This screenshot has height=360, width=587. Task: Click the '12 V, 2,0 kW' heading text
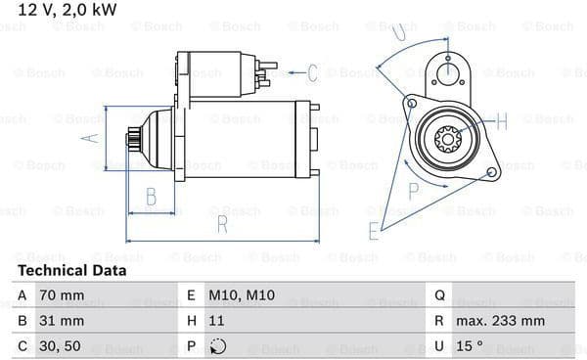(68, 10)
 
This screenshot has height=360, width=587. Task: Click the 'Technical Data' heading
(71, 271)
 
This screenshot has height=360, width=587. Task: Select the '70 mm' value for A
(62, 295)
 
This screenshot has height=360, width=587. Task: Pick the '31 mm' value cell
(62, 321)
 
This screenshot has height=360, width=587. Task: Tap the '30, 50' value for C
(60, 346)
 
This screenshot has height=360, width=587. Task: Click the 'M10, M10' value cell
(242, 295)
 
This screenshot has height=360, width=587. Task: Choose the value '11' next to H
(216, 321)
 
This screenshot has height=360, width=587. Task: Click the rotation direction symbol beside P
(218, 346)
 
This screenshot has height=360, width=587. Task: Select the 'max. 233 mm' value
(500, 321)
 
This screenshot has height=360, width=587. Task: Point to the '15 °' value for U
(469, 346)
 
